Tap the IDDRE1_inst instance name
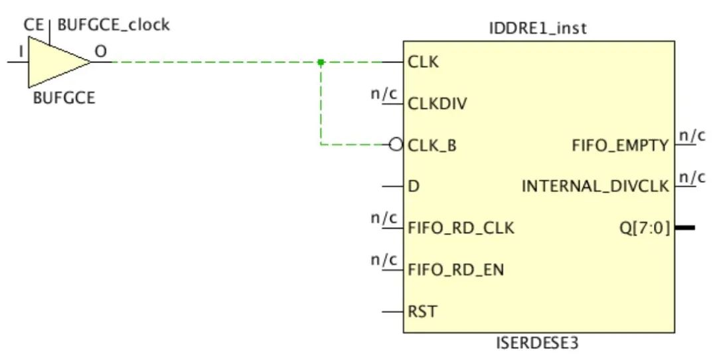click(x=538, y=29)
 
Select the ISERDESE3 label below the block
click(x=538, y=343)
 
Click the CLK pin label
click(x=423, y=62)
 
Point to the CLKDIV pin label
click(x=437, y=104)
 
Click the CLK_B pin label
click(x=432, y=145)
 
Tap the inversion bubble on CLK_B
click(x=396, y=144)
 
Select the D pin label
click(x=414, y=186)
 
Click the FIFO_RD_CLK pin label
click(x=461, y=228)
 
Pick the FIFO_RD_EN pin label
click(x=455, y=270)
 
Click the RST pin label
click(x=422, y=311)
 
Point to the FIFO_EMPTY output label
click(x=620, y=145)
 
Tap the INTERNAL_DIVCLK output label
click(x=595, y=186)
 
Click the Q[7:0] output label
click(x=643, y=228)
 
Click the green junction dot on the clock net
click(x=321, y=62)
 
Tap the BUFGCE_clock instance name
click(x=114, y=25)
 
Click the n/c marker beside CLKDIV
click(x=384, y=94)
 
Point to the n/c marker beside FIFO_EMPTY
click(x=691, y=135)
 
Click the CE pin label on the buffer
click(x=33, y=25)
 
